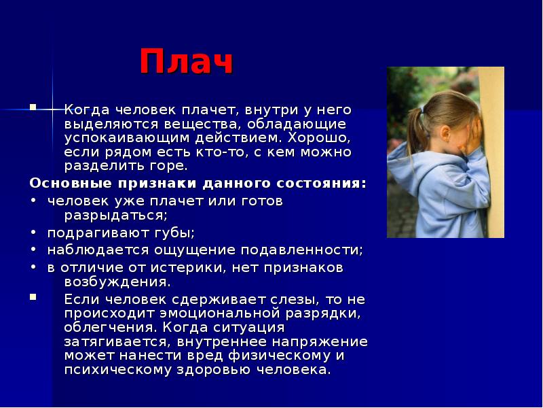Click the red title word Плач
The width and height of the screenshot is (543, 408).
click(186, 61)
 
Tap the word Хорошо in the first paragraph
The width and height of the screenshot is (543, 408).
click(318, 138)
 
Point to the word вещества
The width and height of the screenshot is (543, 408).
click(201, 124)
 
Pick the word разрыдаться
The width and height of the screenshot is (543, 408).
click(115, 216)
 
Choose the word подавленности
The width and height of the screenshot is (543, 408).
click(301, 250)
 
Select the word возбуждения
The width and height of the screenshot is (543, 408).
click(117, 282)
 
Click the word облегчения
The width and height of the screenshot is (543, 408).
click(111, 328)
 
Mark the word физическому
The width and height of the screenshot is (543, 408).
click(280, 356)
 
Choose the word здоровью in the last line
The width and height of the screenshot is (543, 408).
click(213, 370)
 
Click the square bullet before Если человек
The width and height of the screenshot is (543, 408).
click(33, 297)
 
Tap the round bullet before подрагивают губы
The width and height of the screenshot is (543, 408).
click(33, 233)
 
